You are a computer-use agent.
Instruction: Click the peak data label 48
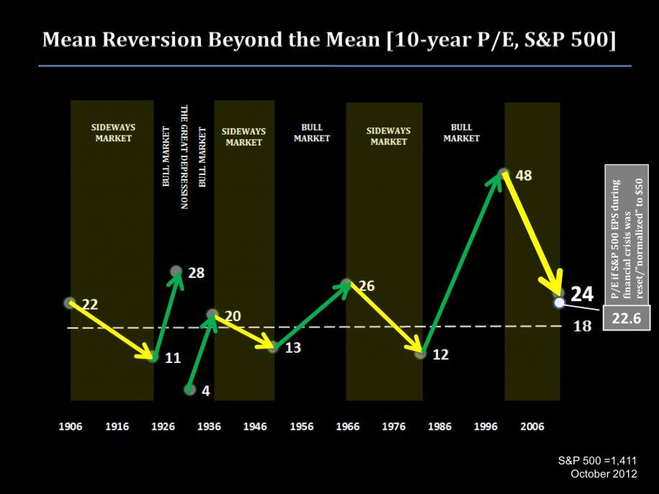pyautogui.click(x=524, y=175)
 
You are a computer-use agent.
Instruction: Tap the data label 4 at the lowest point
pyautogui.click(x=206, y=391)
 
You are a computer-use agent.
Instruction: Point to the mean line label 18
pyautogui.click(x=582, y=326)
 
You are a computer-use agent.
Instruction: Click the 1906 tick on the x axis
pyautogui.click(x=70, y=426)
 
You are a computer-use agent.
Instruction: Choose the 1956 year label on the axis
pyautogui.click(x=302, y=426)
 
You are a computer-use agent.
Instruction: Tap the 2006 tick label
pyautogui.click(x=532, y=426)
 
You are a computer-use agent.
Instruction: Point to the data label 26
pyautogui.click(x=367, y=286)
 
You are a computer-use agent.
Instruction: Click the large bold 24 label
pyautogui.click(x=582, y=294)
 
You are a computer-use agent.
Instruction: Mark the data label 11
pyautogui.click(x=173, y=357)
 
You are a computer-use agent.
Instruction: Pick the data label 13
pyautogui.click(x=292, y=348)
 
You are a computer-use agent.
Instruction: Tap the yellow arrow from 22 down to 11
pyautogui.click(x=112, y=330)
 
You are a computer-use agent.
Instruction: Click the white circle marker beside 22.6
pyautogui.click(x=559, y=302)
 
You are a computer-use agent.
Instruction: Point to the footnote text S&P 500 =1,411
pyautogui.click(x=597, y=460)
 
